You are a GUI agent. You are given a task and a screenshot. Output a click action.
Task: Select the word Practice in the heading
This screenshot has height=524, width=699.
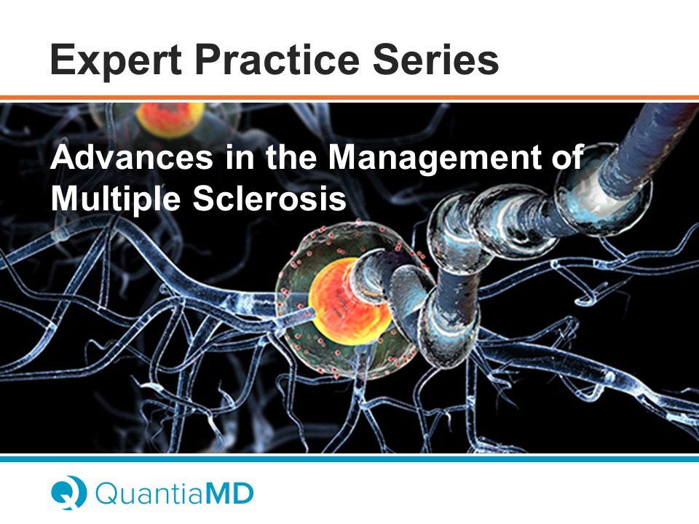click(x=277, y=59)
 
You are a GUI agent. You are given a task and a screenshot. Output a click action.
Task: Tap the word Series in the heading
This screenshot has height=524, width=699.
click(x=435, y=59)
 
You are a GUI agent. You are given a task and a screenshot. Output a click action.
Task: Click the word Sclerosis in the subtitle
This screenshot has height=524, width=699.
click(x=269, y=198)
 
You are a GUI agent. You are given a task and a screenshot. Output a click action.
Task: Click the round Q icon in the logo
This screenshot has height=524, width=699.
click(x=68, y=493)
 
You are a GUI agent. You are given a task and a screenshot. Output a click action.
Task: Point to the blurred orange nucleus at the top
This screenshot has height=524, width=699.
click(x=170, y=119)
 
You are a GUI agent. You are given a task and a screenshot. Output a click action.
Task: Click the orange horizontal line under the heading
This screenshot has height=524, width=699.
click(x=349, y=98)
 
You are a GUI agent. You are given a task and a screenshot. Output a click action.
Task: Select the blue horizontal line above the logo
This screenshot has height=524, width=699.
click(x=349, y=458)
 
